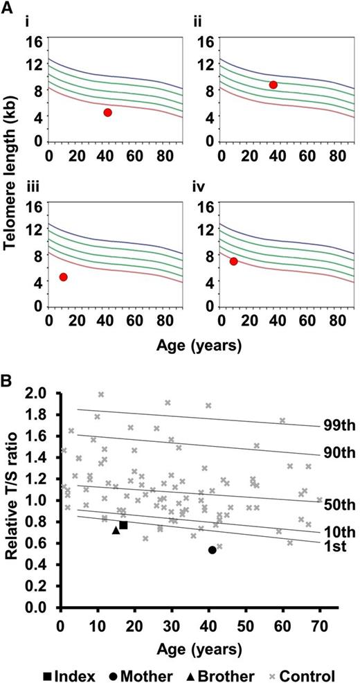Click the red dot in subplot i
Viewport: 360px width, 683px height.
coord(107,112)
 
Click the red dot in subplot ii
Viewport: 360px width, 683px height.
coord(273,85)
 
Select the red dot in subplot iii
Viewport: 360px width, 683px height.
coord(63,277)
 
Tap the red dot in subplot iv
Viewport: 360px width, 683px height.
coord(233,261)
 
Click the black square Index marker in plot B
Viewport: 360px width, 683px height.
coord(123,525)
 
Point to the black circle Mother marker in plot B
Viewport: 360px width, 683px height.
coord(212,550)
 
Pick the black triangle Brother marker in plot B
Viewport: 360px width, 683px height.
coord(116,530)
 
